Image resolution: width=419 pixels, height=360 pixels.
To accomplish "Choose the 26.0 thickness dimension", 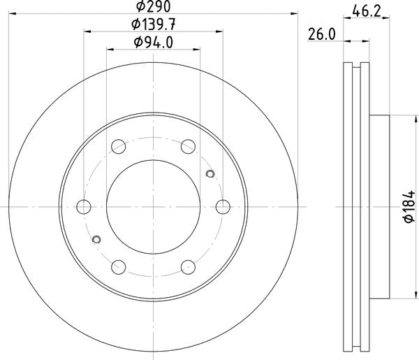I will click(322, 34).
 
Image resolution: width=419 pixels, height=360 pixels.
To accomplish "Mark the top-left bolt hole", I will click(119, 147).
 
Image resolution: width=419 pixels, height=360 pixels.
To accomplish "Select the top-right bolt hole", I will click(188, 147).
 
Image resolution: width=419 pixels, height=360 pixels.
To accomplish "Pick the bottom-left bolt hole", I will click(119, 266).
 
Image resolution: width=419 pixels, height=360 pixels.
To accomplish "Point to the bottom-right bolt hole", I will click(188, 266).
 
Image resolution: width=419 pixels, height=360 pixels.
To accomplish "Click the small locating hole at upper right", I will click(210, 173).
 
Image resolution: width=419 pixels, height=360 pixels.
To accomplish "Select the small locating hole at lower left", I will click(96, 240).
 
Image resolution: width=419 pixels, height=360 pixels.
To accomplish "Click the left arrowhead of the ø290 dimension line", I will click(13, 13).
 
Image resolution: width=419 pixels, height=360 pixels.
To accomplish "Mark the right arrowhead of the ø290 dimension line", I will click(294, 13).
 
